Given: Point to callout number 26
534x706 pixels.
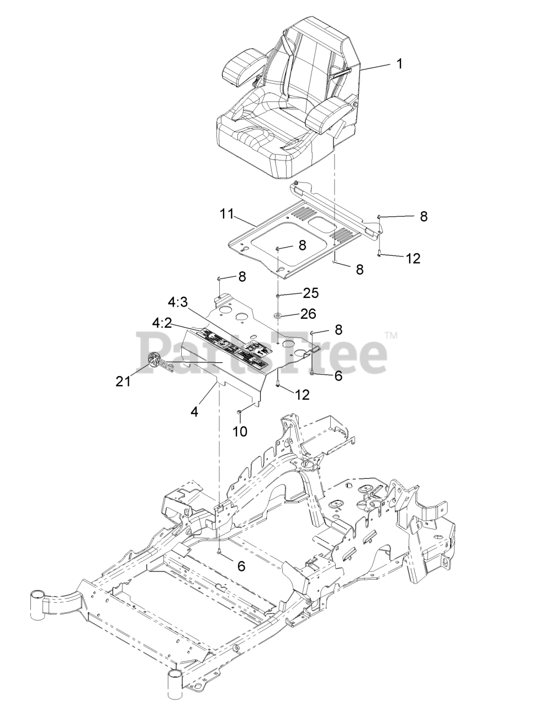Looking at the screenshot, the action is (x=308, y=314).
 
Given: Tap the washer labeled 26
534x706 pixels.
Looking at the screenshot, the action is (x=277, y=316).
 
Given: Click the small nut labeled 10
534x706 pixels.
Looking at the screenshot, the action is (x=239, y=412).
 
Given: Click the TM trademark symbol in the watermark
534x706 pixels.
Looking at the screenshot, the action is (x=391, y=335).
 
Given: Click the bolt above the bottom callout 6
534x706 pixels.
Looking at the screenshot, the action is (x=220, y=550).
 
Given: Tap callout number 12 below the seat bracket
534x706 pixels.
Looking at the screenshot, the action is (x=413, y=258).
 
